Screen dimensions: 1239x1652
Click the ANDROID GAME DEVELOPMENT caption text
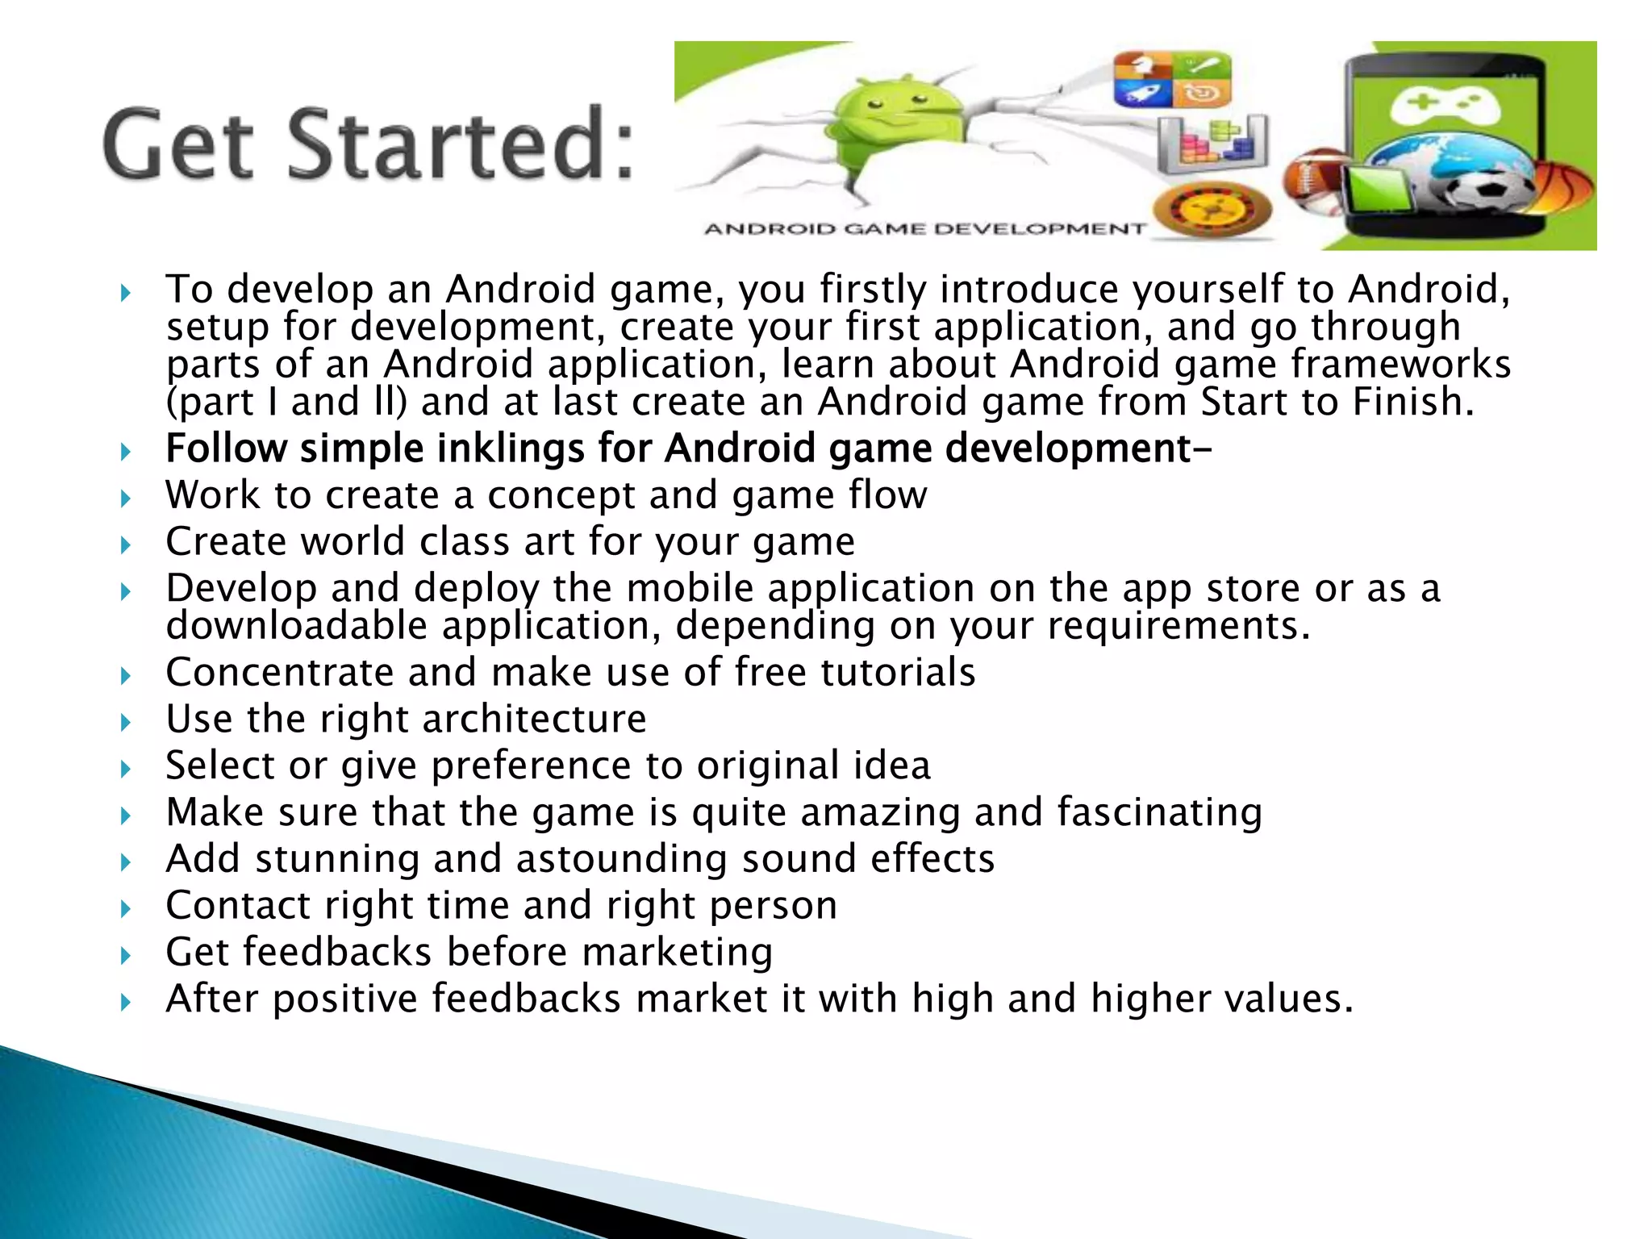click(x=924, y=229)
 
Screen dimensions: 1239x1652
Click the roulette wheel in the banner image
click(x=1212, y=210)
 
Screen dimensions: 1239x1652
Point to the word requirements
click(x=1178, y=626)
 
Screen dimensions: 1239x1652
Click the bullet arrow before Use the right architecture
click(x=125, y=721)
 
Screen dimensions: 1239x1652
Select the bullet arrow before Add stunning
click(x=125, y=861)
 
